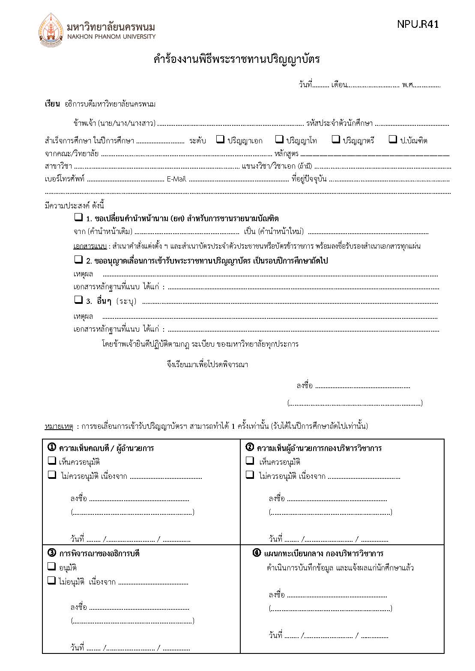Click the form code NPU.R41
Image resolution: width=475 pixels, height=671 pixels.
[418, 24]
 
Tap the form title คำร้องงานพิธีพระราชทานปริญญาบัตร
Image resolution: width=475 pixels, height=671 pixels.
[236, 59]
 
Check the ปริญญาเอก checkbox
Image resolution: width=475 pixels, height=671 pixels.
[220, 139]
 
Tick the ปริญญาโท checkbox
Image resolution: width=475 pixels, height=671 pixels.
[279, 139]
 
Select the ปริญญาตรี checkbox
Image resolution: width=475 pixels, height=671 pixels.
[336, 139]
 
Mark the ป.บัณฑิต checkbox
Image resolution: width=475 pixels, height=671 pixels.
[392, 139]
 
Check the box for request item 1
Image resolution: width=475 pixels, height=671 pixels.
[78, 217]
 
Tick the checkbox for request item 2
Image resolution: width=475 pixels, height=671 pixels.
[78, 259]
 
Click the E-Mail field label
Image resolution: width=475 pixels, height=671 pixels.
[176, 179]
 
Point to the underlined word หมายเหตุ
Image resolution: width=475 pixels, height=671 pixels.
[59, 426]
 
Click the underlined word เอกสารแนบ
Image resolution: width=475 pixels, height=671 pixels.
[90, 246]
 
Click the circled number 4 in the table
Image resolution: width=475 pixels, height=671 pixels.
[257, 553]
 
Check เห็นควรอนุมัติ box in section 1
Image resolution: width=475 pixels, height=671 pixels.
[52, 461]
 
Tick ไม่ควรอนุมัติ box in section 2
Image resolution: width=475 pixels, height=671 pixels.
[250, 475]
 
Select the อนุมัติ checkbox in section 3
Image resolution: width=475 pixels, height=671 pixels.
[52, 567]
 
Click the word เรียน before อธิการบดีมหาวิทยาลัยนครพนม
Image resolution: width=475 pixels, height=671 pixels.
[52, 104]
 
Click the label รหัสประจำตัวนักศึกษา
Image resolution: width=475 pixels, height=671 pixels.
[339, 123]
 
